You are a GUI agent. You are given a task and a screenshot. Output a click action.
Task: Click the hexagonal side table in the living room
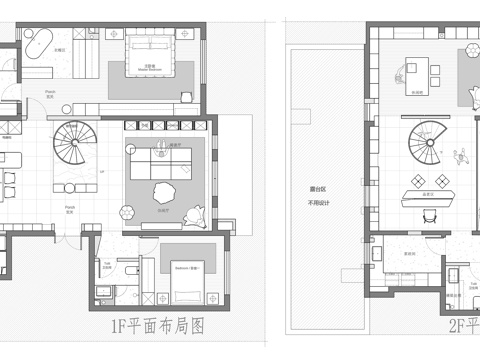[127, 211]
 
